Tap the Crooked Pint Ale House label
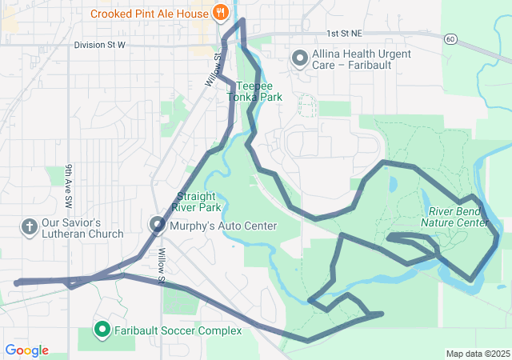148,14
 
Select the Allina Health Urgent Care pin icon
300,58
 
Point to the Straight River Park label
198,202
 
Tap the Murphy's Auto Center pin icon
157,226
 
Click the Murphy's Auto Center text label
223,226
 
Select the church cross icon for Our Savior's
29,227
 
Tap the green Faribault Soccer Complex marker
102,330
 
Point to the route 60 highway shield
452,38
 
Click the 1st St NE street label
344,34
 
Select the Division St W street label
100,45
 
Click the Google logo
26,350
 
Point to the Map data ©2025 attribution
477,354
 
